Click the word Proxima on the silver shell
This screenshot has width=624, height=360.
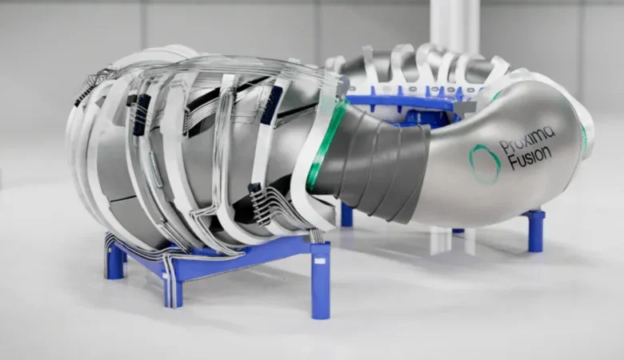point(527,141)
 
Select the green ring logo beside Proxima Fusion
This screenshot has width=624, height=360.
point(484,163)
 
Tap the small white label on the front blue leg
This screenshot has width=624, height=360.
point(320,261)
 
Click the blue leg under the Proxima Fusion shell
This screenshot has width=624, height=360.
point(535,231)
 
